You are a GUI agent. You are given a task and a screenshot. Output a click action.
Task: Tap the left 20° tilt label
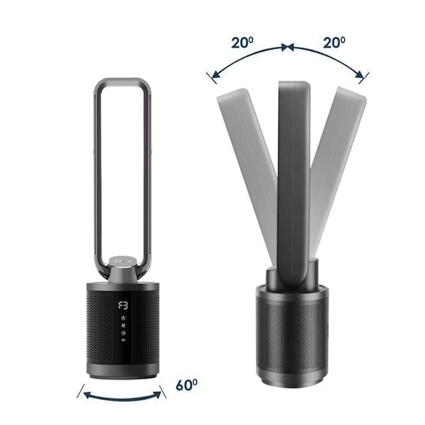tap(242, 42)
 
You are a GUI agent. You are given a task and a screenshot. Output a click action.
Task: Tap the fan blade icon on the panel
tap(122, 325)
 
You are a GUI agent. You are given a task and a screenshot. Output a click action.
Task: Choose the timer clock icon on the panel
tap(122, 333)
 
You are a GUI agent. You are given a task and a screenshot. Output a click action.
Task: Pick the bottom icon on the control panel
tap(122, 341)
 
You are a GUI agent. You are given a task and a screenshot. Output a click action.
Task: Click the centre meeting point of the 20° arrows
tap(287, 48)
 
